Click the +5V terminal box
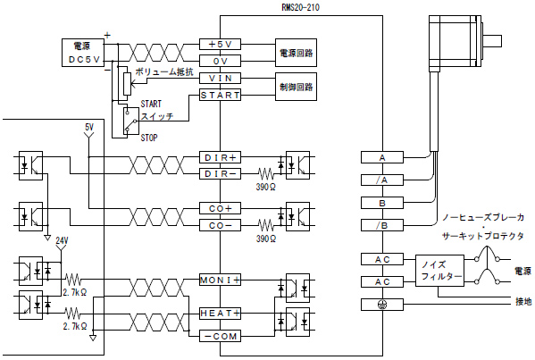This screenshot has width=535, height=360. click(220, 45)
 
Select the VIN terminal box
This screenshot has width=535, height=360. click(220, 78)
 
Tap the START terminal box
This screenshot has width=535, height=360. click(220, 95)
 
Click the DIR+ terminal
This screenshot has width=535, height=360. click(220, 157)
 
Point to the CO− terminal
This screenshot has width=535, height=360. click(220, 225)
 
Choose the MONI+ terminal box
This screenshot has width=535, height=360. click(220, 280)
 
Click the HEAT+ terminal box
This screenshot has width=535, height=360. click(220, 313)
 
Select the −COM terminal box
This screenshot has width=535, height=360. click(220, 336)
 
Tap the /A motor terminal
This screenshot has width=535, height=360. click(382, 180)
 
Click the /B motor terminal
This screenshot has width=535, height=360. click(382, 225)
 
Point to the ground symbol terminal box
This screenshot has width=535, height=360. click(382, 305)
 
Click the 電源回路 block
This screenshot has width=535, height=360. click(297, 53)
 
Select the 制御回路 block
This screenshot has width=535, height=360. click(297, 87)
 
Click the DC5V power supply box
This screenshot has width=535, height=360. click(82, 53)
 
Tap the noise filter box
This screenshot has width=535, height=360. click(439, 271)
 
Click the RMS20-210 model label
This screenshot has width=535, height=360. click(301, 7)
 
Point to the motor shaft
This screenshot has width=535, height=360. click(491, 41)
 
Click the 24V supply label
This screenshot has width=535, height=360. click(62, 241)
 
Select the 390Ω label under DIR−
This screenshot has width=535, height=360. click(266, 187)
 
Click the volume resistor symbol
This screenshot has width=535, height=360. click(127, 84)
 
